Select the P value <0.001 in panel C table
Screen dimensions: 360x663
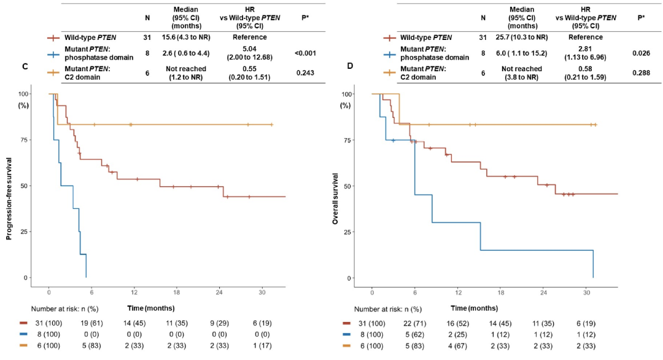[305, 54]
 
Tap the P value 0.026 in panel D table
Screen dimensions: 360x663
[641, 54]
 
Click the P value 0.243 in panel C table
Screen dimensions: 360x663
[305, 72]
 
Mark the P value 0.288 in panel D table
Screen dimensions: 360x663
[641, 72]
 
